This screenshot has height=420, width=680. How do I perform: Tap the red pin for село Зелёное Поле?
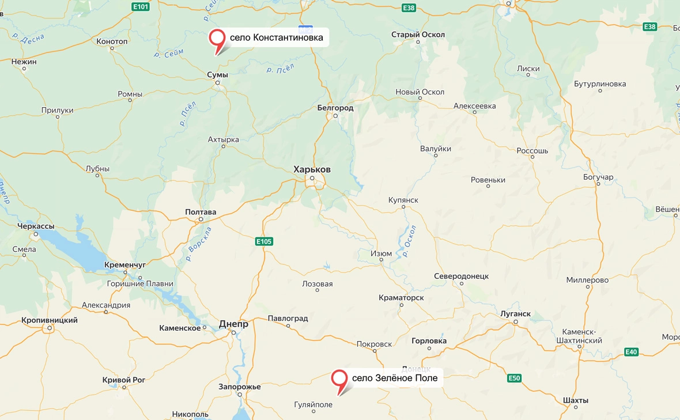pos(339,379)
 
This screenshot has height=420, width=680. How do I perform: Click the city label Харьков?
pos(312,169)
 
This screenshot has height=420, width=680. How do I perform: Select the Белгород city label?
pos(335,108)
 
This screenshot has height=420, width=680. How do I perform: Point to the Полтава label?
pos(201,212)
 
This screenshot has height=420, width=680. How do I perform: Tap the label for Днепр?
pos(233,324)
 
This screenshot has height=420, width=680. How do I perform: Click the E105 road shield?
pos(264,241)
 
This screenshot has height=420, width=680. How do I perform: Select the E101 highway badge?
pos(140,7)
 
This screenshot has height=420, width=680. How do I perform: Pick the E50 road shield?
pos(514,379)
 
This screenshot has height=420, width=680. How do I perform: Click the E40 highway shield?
pos(631,351)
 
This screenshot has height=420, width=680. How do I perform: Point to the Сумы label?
pos(217,75)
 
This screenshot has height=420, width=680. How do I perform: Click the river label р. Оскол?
pos(410,241)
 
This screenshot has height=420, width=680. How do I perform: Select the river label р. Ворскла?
pos(199,244)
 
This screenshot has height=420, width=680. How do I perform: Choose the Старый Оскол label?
pos(418,35)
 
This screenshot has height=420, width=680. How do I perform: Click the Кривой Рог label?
pos(123,380)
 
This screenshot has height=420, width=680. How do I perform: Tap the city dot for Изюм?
pos(381,260)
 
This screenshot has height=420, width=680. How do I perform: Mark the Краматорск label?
pos(401,297)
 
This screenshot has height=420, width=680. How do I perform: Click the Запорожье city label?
pos(239,387)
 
